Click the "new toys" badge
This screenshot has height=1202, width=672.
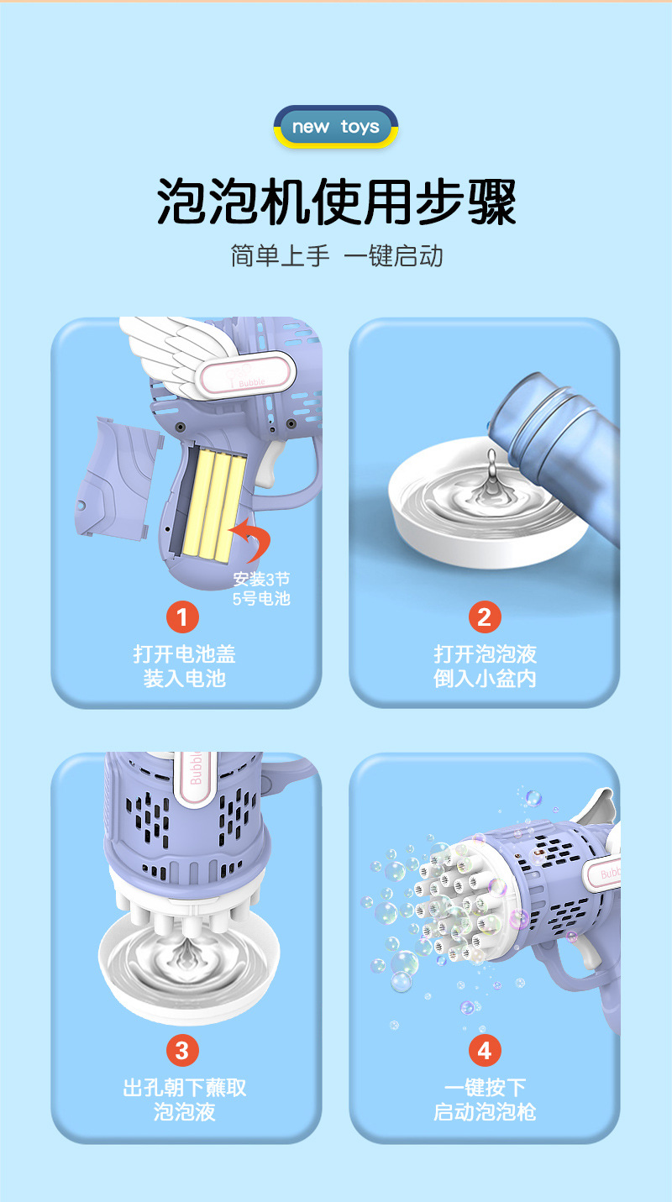(335, 128)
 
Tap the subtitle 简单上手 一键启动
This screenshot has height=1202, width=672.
(336, 255)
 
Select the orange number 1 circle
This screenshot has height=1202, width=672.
(182, 617)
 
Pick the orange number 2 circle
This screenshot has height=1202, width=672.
(484, 617)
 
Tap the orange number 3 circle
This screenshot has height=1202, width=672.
(182, 1050)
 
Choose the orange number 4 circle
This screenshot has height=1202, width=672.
(484, 1050)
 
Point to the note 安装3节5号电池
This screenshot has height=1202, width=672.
(261, 589)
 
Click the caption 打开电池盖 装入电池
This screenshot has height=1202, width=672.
(184, 666)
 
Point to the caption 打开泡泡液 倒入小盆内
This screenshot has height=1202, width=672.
(485, 666)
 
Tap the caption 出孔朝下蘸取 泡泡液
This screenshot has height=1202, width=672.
(184, 1100)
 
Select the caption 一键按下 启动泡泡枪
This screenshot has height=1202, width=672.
(485, 1100)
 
